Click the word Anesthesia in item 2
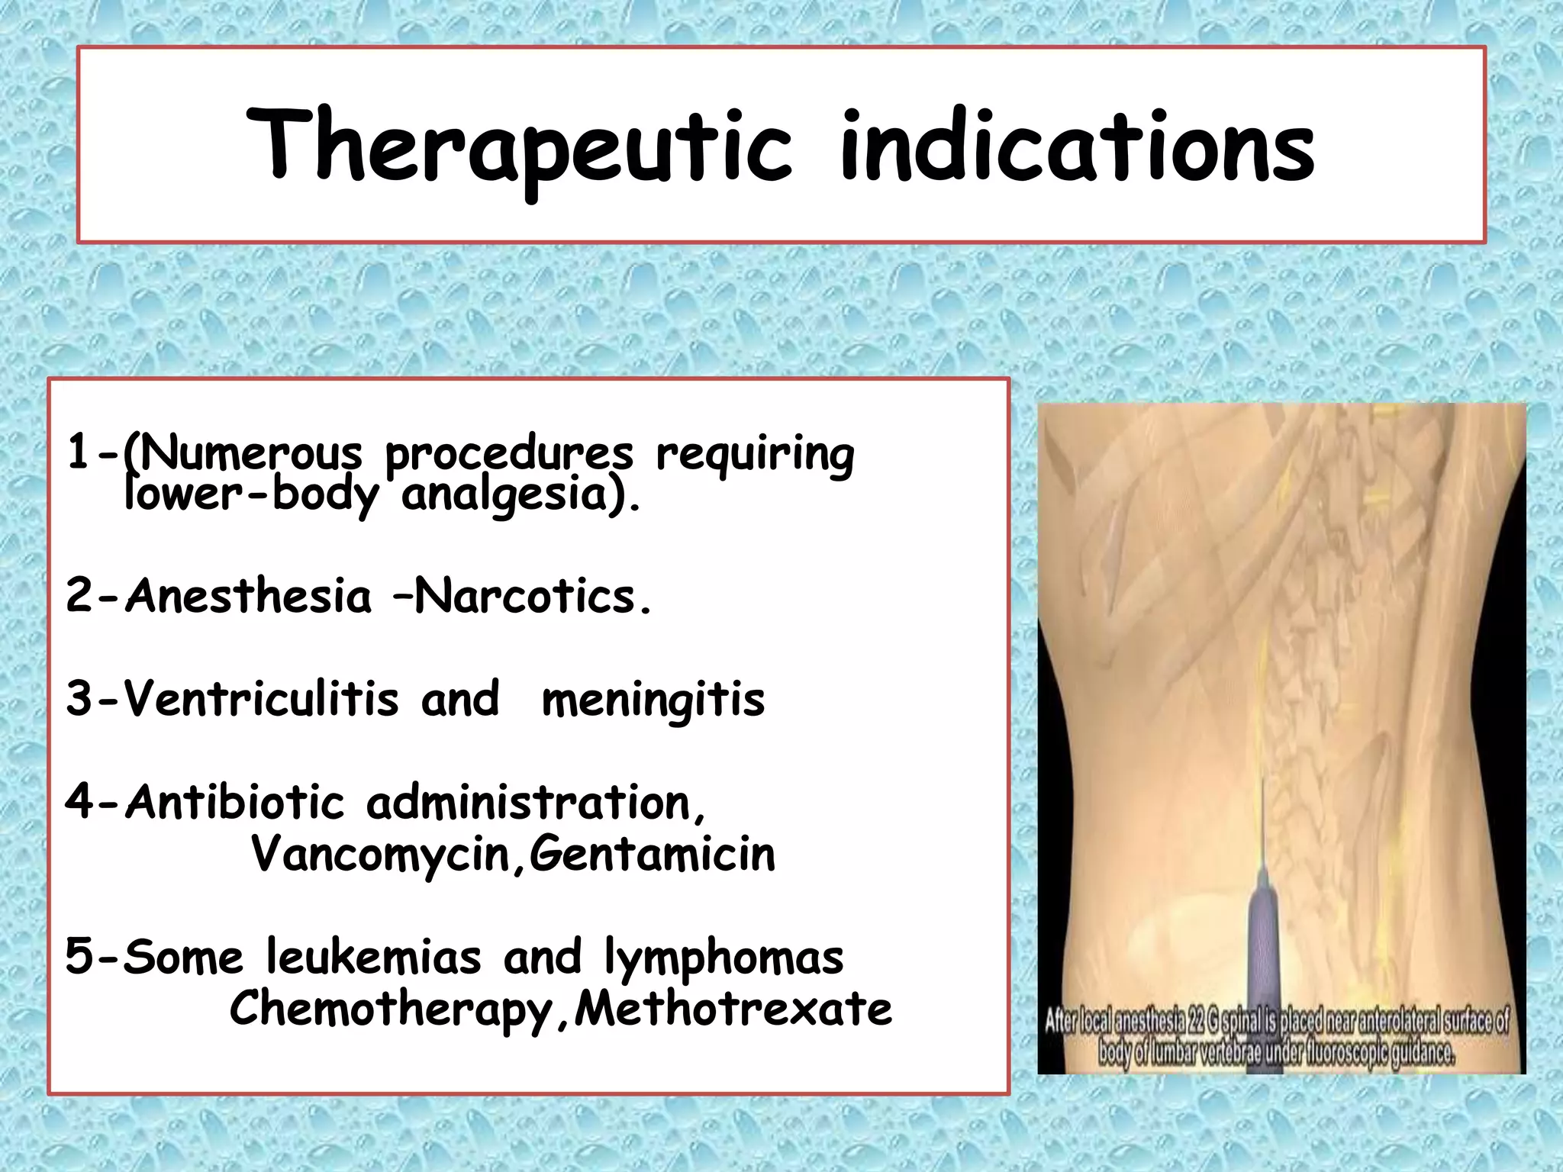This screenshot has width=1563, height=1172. tap(248, 596)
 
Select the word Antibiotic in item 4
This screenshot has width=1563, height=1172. tap(235, 803)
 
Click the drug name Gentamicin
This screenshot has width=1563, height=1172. tap(653, 855)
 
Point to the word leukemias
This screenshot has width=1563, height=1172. tap(374, 957)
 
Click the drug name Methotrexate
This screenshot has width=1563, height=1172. tap(733, 1009)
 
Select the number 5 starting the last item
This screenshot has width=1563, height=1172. tap(78, 956)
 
